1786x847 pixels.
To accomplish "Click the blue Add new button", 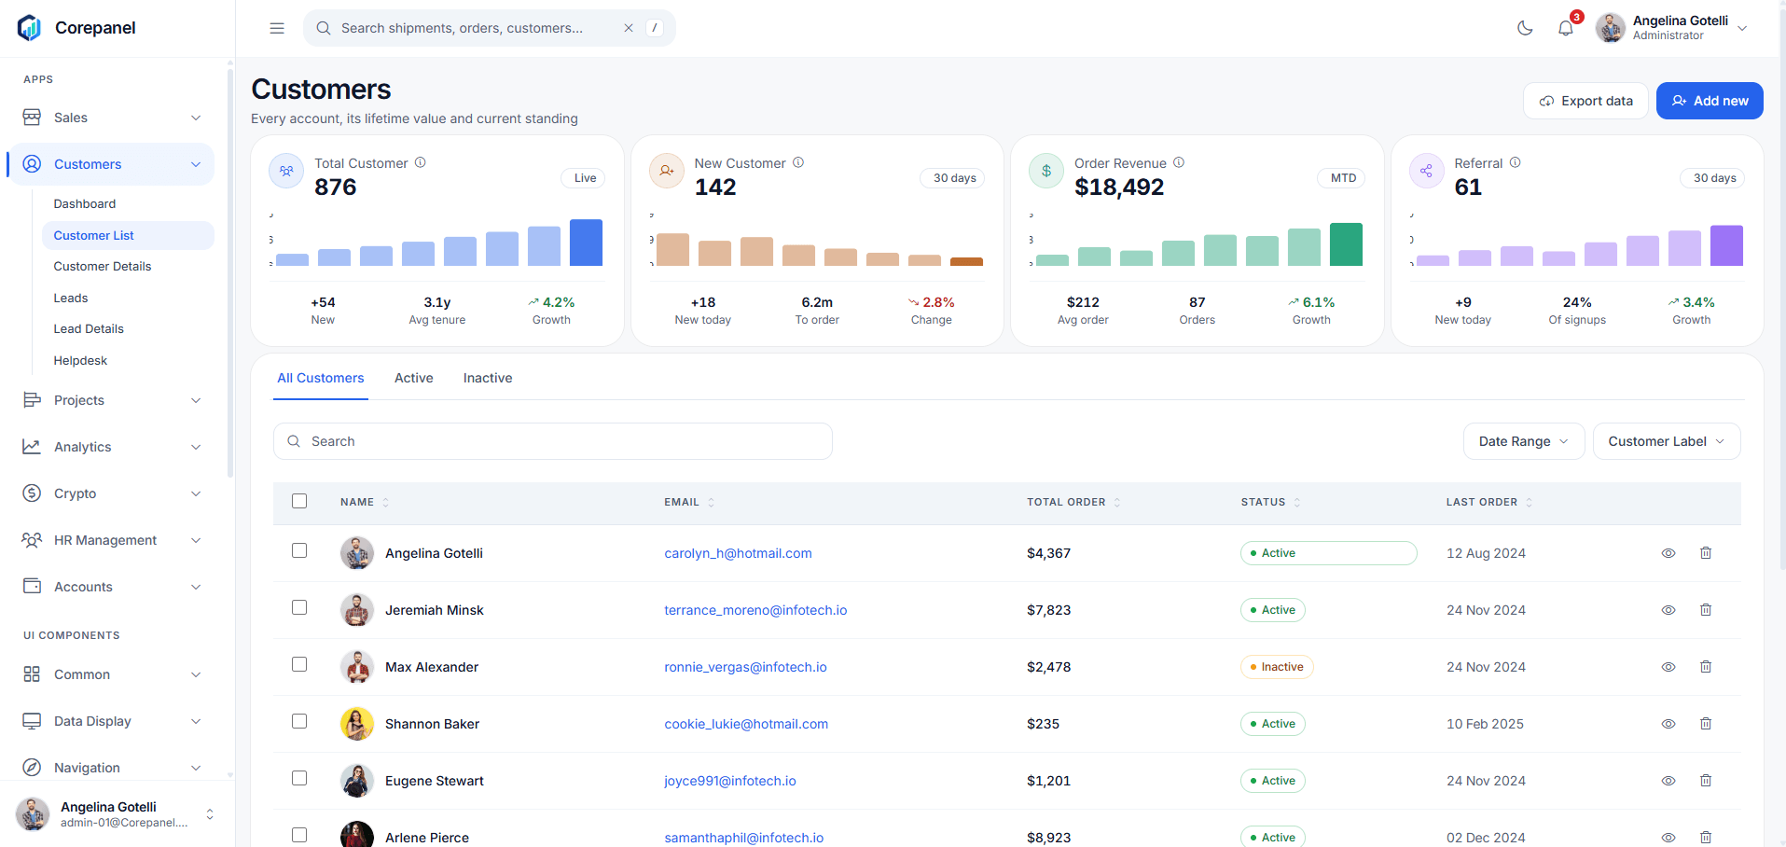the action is (1710, 101).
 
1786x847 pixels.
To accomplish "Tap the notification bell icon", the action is (1566, 28).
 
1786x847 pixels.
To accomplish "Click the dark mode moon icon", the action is (1525, 28).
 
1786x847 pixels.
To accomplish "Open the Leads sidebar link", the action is (71, 298).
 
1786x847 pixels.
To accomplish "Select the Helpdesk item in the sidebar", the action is (80, 360).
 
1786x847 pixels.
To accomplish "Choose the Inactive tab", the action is (488, 378).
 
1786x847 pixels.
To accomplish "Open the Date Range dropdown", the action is (1524, 441).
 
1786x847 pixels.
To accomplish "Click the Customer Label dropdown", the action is (1667, 441).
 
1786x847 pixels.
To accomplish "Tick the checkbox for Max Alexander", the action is (299, 664).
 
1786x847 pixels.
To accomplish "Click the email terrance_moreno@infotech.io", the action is (755, 610).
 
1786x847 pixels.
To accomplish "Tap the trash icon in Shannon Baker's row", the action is (1706, 724).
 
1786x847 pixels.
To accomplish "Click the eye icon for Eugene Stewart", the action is (1668, 781).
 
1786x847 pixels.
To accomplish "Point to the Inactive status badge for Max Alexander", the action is (1277, 667).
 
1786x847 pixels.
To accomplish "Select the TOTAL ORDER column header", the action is (1066, 502).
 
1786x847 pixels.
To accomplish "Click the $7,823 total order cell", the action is (1049, 610).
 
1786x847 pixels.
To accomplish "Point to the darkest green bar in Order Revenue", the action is (1346, 244).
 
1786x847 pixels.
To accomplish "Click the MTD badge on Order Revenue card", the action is (1343, 178).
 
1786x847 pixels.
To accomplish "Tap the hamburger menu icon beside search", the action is (277, 28).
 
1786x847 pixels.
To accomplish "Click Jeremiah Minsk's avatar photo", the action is (357, 610).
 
